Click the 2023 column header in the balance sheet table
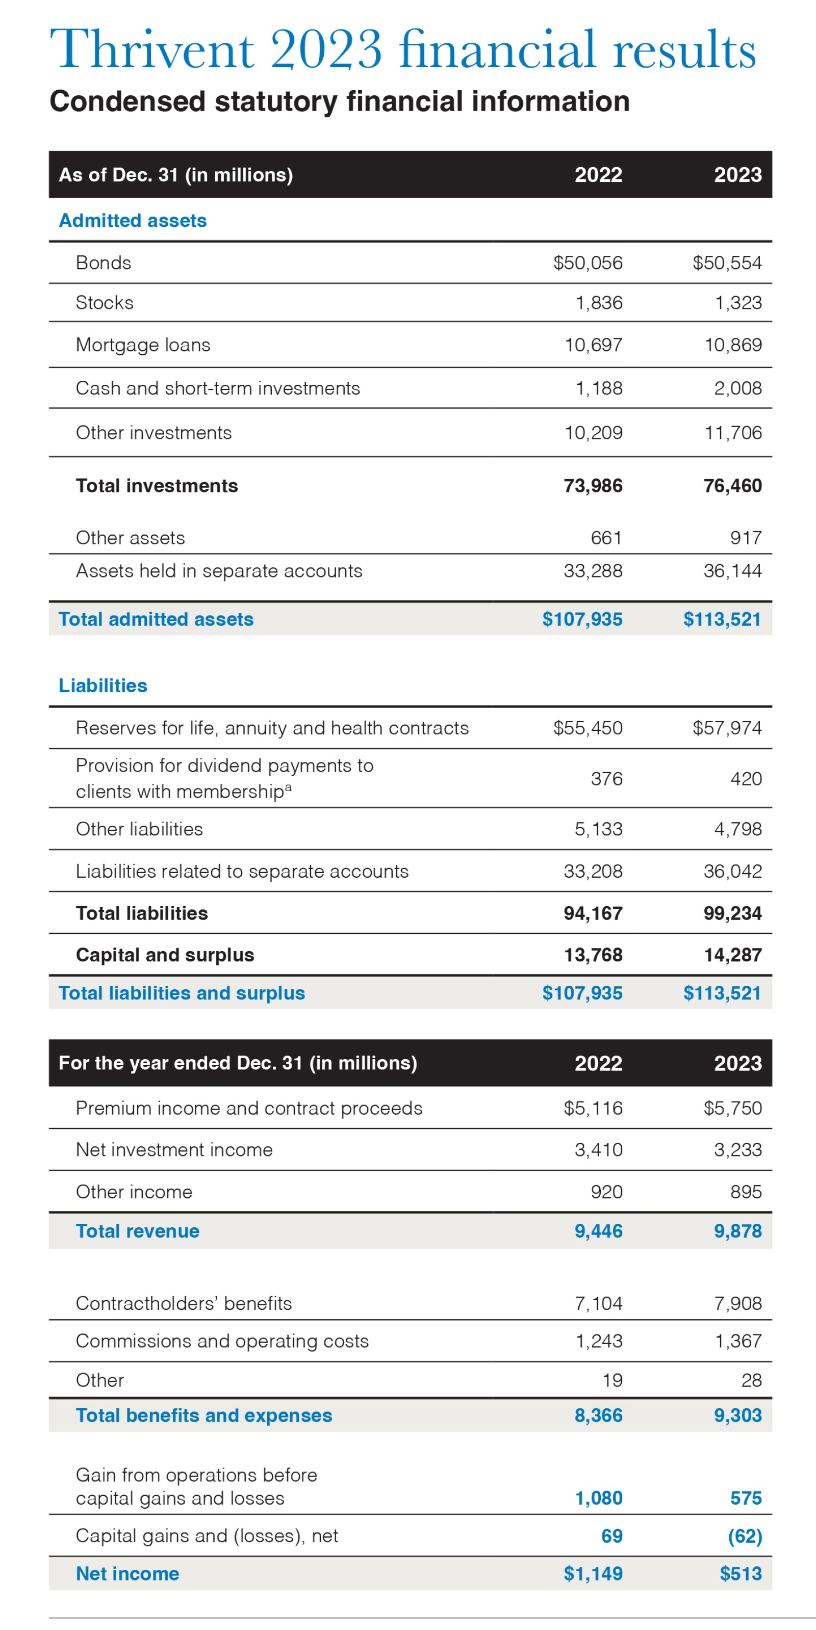pos(737,175)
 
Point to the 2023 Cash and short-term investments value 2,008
pos(737,388)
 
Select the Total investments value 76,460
pos(732,485)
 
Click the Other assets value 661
pos(606,537)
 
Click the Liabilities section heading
pos(103,686)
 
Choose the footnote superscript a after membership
pos(288,787)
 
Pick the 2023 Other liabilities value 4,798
pos(737,829)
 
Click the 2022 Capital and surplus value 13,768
pos(593,955)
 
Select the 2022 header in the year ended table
pos(598,1063)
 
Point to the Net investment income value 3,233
pos(737,1150)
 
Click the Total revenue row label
pos(137,1231)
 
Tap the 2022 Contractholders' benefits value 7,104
pos(598,1303)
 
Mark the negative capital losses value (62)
pos(745,1536)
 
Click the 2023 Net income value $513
pos(740,1574)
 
